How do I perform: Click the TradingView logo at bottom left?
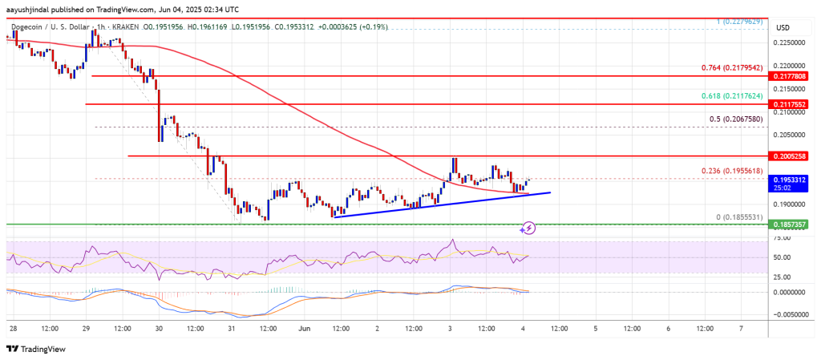pyautogui.click(x=36, y=349)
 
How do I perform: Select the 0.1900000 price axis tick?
pyautogui.click(x=790, y=205)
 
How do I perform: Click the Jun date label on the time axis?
pyautogui.click(x=305, y=327)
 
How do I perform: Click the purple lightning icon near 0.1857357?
pyautogui.click(x=528, y=228)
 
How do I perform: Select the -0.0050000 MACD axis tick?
pyautogui.click(x=788, y=315)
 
